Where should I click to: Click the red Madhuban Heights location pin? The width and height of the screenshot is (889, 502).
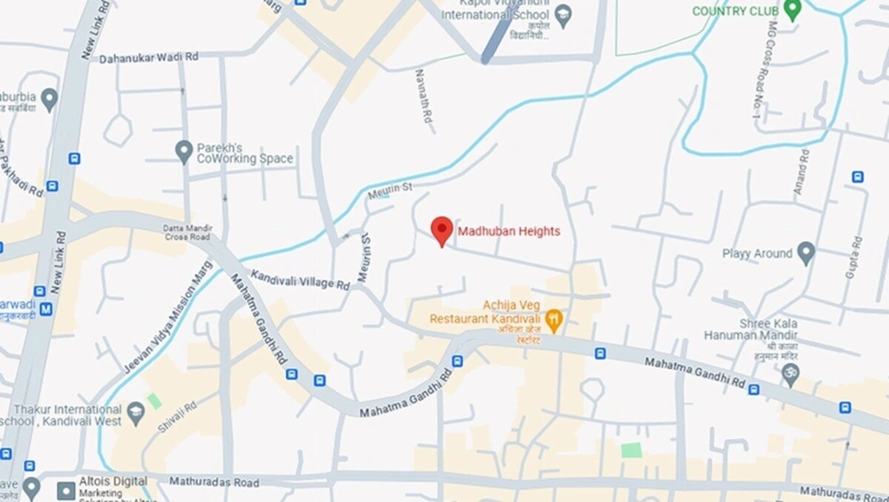point(442,230)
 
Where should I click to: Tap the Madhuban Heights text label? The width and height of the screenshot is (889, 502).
point(509,232)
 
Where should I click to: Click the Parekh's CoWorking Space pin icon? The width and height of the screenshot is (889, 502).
point(184,151)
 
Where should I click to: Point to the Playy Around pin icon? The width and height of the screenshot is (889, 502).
point(805,253)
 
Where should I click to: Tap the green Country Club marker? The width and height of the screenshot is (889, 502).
point(793,10)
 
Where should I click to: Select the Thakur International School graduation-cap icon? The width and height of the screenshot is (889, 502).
point(136,413)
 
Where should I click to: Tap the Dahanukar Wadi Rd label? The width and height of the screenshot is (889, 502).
point(149,57)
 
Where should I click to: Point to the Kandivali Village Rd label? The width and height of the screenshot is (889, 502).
point(300,280)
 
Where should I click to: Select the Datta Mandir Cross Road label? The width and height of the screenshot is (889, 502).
point(187,232)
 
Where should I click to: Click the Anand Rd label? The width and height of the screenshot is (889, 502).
point(801,172)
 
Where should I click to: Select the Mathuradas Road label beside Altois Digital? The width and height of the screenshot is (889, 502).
point(214,482)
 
